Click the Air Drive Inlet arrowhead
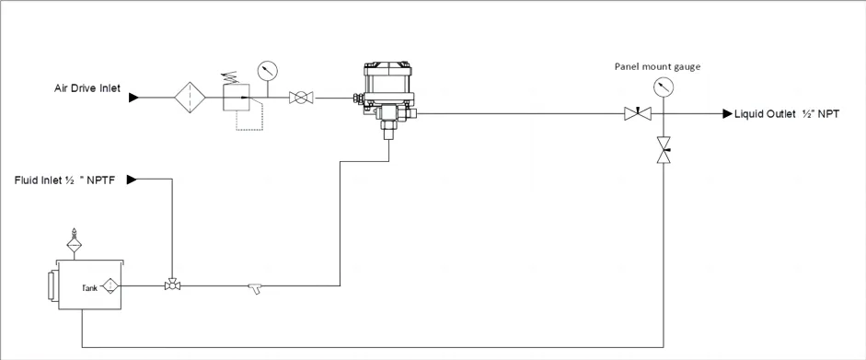click(x=133, y=97)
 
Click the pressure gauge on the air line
click(x=268, y=70)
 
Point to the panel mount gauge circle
click(x=661, y=87)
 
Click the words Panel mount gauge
click(x=660, y=66)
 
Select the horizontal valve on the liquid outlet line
click(x=637, y=113)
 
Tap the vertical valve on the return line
click(x=663, y=150)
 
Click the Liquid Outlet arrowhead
click(x=726, y=113)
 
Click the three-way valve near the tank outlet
click(x=171, y=285)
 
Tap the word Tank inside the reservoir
click(x=89, y=288)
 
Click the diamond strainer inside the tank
click(x=110, y=286)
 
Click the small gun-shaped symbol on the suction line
click(x=255, y=289)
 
